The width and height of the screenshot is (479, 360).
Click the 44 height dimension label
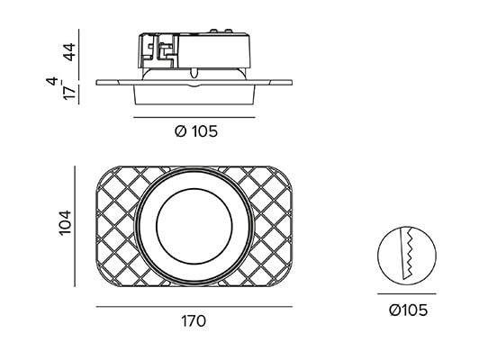(x=69, y=52)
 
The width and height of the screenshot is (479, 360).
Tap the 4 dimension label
(x=52, y=81)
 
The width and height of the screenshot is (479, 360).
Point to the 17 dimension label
(x=69, y=93)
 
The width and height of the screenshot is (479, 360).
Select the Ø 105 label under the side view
(x=196, y=131)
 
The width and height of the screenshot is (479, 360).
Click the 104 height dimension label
(x=66, y=223)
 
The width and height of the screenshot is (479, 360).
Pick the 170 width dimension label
(x=194, y=321)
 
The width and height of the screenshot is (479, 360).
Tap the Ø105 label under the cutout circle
(x=408, y=310)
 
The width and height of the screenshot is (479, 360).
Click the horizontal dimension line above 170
(x=194, y=307)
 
